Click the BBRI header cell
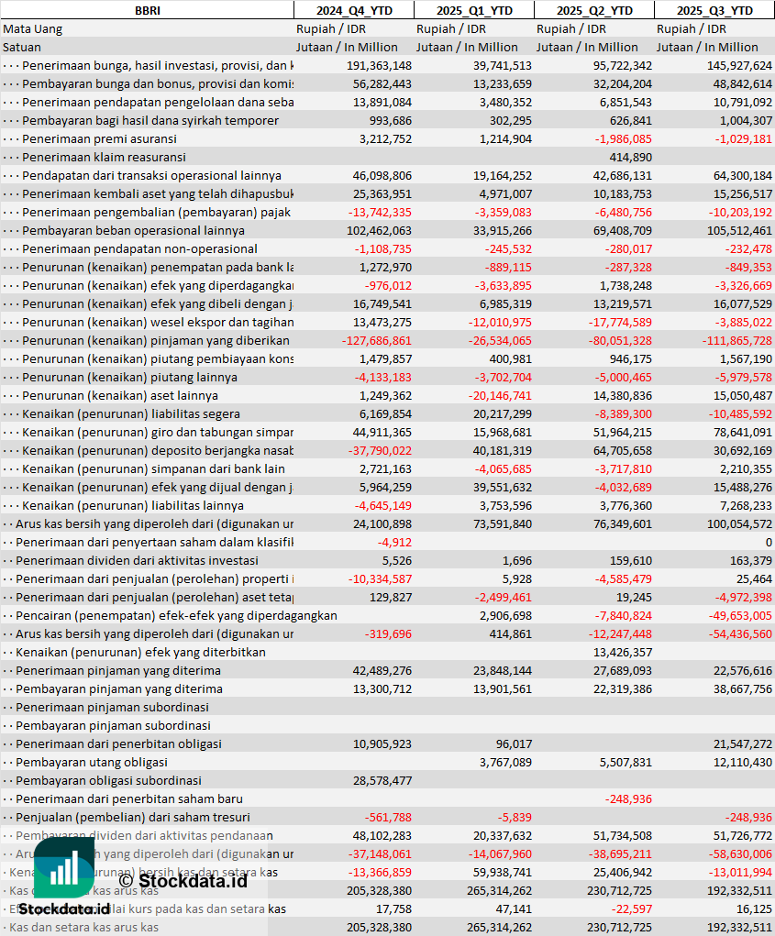coord(147,10)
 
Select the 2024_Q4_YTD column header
coord(354,10)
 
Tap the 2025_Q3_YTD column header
coord(714,10)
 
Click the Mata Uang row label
coord(33,28)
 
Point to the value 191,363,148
coord(379,65)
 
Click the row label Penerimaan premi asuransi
coord(99,138)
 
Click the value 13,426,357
coord(623,652)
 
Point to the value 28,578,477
coord(379,780)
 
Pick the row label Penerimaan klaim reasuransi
coord(104,157)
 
